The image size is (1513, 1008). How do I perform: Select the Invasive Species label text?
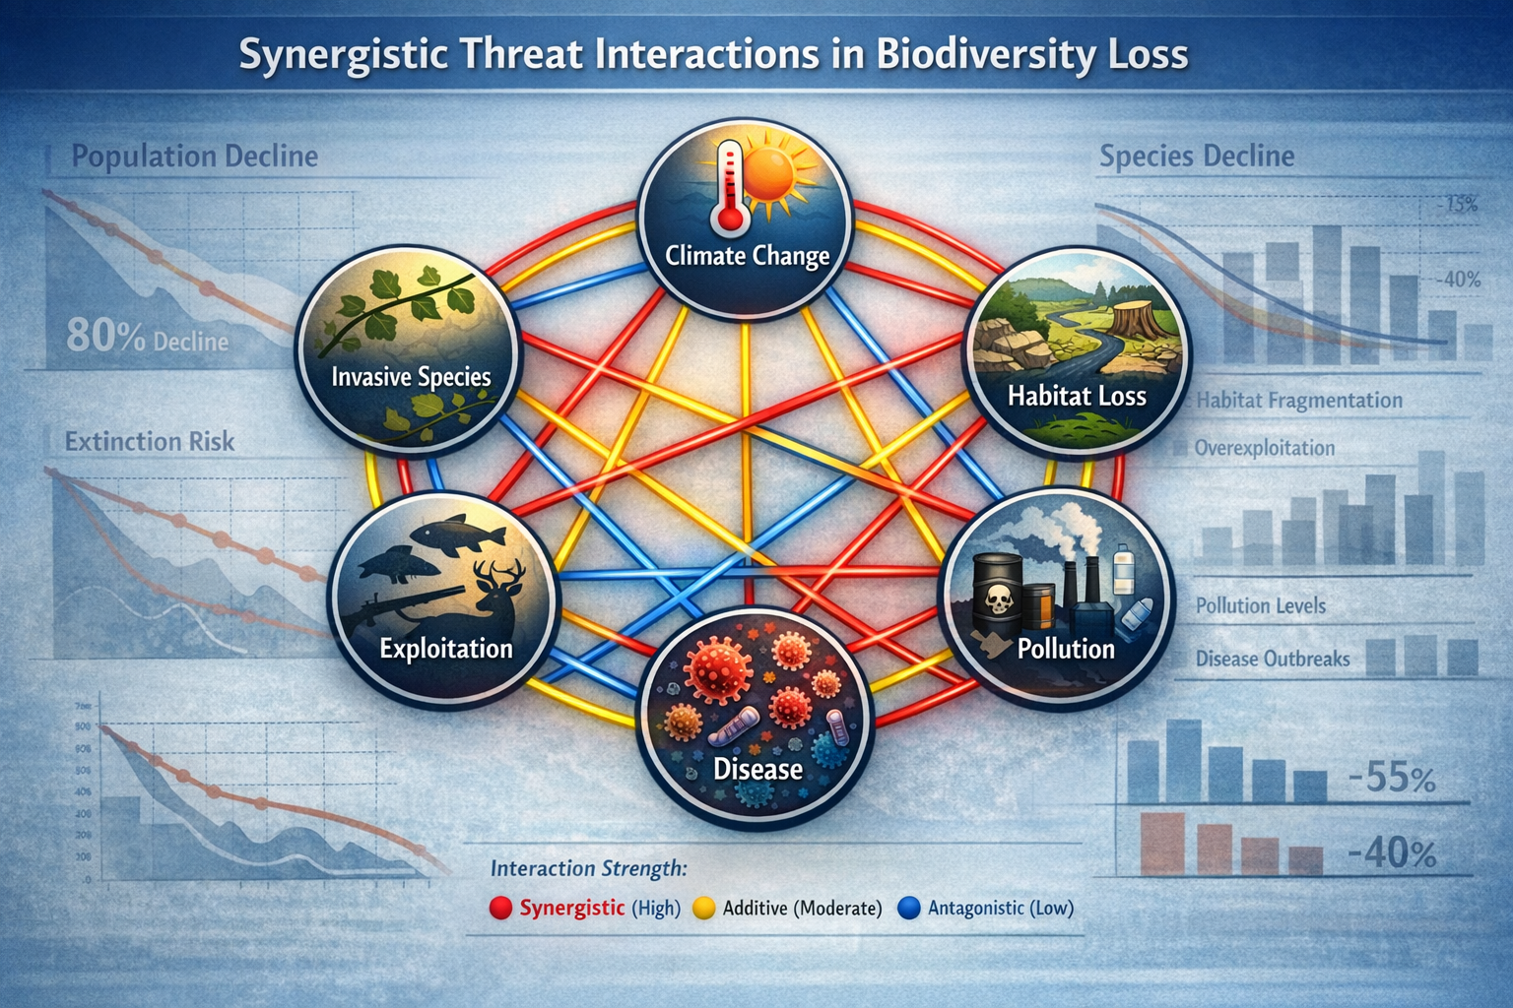pyautogui.click(x=411, y=377)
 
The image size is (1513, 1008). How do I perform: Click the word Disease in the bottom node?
pyautogui.click(x=757, y=769)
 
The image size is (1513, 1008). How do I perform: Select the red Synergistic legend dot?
pyautogui.click(x=500, y=909)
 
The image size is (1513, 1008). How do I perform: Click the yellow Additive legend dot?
pyautogui.click(x=703, y=909)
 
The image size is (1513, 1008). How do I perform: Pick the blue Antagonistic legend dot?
pyautogui.click(x=909, y=909)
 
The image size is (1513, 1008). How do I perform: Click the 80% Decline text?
pyautogui.click(x=147, y=339)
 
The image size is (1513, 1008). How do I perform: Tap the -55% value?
pyautogui.click(x=1390, y=779)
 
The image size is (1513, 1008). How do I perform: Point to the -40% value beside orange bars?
pyautogui.click(x=1390, y=852)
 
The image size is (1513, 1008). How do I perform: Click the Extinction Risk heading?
pyautogui.click(x=150, y=441)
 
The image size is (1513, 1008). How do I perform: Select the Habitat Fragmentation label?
pyautogui.click(x=1299, y=401)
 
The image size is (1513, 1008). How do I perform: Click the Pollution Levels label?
pyautogui.click(x=1260, y=605)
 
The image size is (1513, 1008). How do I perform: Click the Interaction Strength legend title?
pyautogui.click(x=588, y=868)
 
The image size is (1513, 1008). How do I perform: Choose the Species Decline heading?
pyautogui.click(x=1196, y=157)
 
